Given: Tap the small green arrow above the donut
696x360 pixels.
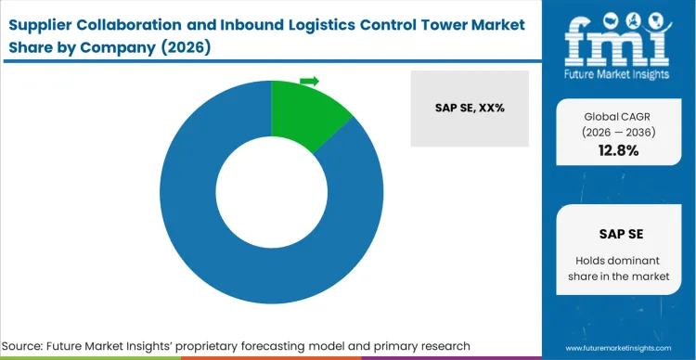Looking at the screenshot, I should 310,82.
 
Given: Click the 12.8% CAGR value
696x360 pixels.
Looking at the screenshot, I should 616,150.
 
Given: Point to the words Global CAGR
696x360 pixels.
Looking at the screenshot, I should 616,116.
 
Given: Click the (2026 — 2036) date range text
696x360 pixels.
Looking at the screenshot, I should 616,133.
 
